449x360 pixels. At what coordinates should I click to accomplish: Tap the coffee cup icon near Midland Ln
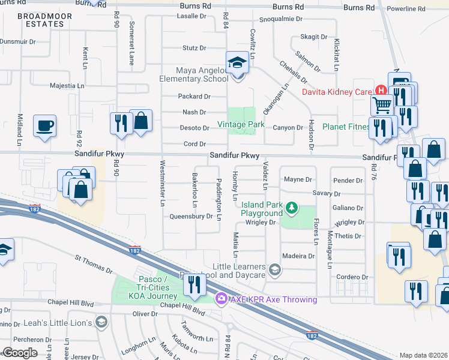click(x=44, y=126)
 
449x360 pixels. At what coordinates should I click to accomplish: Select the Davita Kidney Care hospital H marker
click(x=379, y=91)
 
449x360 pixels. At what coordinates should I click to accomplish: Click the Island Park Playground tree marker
click(x=292, y=208)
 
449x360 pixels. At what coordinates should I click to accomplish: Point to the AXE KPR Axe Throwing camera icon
click(x=221, y=298)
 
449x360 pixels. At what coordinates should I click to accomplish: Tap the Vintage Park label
click(x=241, y=125)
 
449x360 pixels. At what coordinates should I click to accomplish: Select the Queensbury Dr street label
click(x=191, y=217)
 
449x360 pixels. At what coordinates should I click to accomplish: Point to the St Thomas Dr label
click(x=92, y=262)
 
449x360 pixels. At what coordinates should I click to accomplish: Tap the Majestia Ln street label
click(x=67, y=86)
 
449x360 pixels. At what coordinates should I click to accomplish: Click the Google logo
click(x=20, y=353)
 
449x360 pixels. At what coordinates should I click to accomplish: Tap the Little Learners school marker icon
click(x=274, y=269)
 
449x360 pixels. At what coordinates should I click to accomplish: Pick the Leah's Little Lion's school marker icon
click(x=101, y=323)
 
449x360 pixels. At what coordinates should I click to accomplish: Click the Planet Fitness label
click(x=346, y=127)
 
